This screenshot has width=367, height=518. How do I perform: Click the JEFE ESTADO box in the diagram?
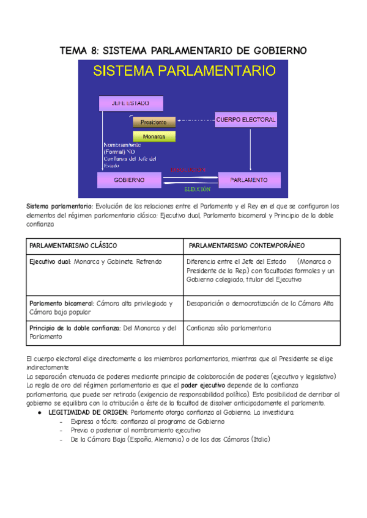[x=130, y=103]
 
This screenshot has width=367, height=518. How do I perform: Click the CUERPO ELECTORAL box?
[x=245, y=119]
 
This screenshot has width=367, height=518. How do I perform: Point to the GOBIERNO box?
[x=128, y=180]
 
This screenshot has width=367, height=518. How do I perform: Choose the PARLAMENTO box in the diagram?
[x=249, y=180]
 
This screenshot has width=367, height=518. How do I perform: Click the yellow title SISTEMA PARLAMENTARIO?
[x=184, y=70]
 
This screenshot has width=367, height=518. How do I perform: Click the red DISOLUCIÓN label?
[x=191, y=169]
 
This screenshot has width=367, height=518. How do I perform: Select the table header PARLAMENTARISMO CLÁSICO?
[x=73, y=245]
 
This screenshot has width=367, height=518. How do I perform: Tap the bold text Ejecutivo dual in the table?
[x=50, y=261]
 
